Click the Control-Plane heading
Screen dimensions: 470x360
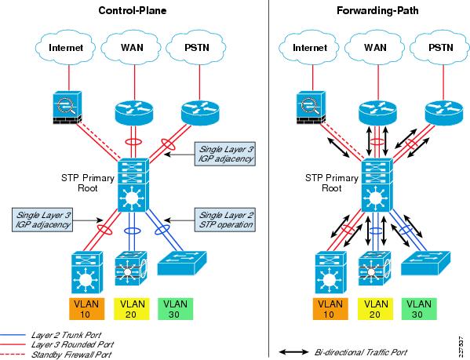point(132,10)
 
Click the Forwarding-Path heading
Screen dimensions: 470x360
point(377,10)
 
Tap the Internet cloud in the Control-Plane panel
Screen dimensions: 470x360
point(65,47)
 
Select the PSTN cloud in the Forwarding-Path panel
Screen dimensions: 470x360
point(440,47)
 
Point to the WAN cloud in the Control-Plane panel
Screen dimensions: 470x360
point(131,47)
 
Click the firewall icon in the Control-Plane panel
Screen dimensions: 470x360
point(67,107)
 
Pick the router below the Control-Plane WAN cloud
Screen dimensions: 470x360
point(133,113)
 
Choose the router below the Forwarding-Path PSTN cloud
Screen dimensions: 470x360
point(443,113)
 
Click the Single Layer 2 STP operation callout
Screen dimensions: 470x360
point(225,220)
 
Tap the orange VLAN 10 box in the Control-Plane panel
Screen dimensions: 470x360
point(86,309)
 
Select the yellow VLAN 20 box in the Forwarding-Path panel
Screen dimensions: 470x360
point(375,309)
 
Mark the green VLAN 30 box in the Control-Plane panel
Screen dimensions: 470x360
point(175,309)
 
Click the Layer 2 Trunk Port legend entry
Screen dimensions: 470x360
point(51,335)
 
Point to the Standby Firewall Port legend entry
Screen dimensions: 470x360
point(56,355)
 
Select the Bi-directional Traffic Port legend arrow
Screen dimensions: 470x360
point(293,352)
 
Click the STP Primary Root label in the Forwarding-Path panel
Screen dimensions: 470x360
point(332,183)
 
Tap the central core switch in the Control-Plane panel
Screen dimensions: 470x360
point(133,185)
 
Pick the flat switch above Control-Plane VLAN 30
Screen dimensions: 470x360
point(182,263)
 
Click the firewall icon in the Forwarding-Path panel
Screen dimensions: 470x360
point(312,107)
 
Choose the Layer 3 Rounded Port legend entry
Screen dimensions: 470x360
point(57,344)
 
